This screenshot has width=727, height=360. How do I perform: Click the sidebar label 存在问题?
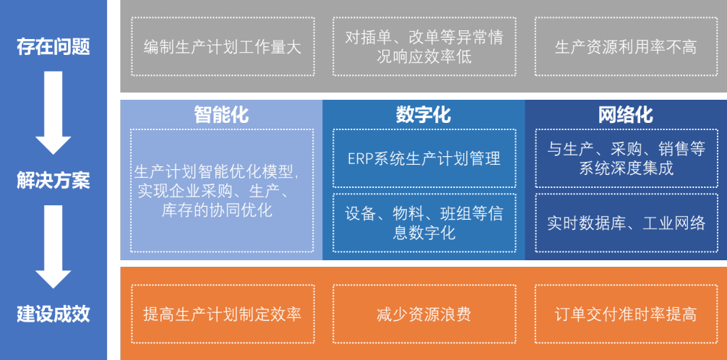[x=53, y=47]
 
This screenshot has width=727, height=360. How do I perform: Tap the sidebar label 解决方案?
[x=53, y=181]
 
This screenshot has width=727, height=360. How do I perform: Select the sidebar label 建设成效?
[x=53, y=314]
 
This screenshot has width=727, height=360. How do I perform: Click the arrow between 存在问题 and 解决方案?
[x=53, y=113]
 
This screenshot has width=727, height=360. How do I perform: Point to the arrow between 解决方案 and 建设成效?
[x=53, y=247]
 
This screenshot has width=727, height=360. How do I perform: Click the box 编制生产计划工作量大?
[x=223, y=47]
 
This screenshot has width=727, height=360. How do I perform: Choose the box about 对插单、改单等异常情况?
[x=424, y=47]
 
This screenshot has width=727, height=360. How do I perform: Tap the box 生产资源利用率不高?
[x=626, y=47]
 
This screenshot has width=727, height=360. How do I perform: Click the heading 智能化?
[x=221, y=114]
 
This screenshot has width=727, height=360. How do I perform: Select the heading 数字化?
[x=423, y=114]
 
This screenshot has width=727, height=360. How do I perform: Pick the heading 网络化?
[x=625, y=114]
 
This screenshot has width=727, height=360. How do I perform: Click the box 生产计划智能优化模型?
[x=222, y=191]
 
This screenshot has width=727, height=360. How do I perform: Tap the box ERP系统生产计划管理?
[x=424, y=158]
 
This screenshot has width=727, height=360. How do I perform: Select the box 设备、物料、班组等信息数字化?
[x=424, y=223]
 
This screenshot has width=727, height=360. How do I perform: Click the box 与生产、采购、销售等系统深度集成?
[x=627, y=158]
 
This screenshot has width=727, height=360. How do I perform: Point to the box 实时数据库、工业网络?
[x=627, y=223]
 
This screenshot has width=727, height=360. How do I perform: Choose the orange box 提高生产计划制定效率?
[x=223, y=314]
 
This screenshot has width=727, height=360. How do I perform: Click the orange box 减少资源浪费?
[x=424, y=314]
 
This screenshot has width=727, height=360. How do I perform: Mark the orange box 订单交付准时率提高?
[x=626, y=314]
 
